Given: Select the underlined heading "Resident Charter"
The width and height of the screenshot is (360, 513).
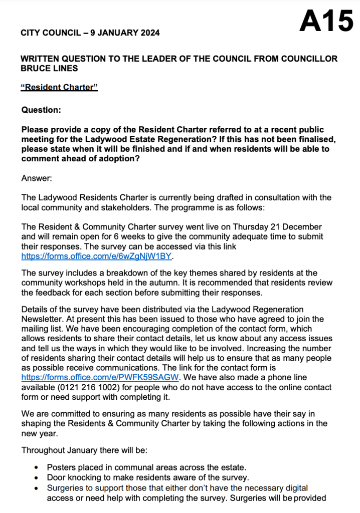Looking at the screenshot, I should point(59,87).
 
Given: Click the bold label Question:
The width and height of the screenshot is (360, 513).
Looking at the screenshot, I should point(42,109).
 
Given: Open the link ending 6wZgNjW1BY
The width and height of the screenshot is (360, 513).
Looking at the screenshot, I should point(97,256).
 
